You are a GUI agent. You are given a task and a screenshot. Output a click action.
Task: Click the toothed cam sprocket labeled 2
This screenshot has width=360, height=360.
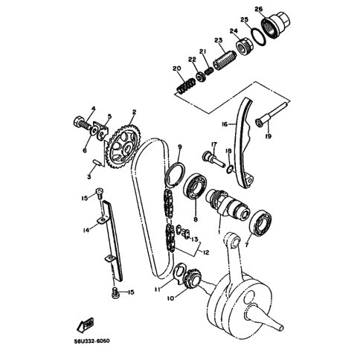pyautogui.click(x=123, y=148)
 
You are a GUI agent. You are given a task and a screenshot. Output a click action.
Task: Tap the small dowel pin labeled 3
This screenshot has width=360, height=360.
pyautogui.click(x=97, y=163)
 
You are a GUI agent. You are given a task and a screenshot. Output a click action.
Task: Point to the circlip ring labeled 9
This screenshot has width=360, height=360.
pyautogui.click(x=176, y=174)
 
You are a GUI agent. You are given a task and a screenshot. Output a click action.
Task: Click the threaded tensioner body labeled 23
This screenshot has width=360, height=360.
pyautogui.click(x=225, y=60)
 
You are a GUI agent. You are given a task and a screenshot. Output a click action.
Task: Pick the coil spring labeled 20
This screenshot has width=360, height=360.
pyautogui.click(x=185, y=86)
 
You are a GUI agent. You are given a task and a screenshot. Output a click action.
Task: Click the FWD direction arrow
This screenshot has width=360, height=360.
pyautogui.click(x=86, y=325)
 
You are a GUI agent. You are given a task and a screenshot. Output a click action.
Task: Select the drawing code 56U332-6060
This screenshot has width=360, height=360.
pyautogui.click(x=91, y=341)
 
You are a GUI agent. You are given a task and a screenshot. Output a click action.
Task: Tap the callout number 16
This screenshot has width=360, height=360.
pyautogui.click(x=225, y=124)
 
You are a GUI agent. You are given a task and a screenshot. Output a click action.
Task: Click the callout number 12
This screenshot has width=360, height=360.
pyautogui.click(x=206, y=253)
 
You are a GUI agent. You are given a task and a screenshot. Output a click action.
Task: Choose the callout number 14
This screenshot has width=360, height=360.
pyautogui.click(x=86, y=231)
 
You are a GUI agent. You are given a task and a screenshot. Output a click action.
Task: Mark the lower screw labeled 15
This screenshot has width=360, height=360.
pyautogui.click(x=115, y=292)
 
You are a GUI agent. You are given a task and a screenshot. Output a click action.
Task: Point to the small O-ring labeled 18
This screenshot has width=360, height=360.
pyautogui.click(x=230, y=170)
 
